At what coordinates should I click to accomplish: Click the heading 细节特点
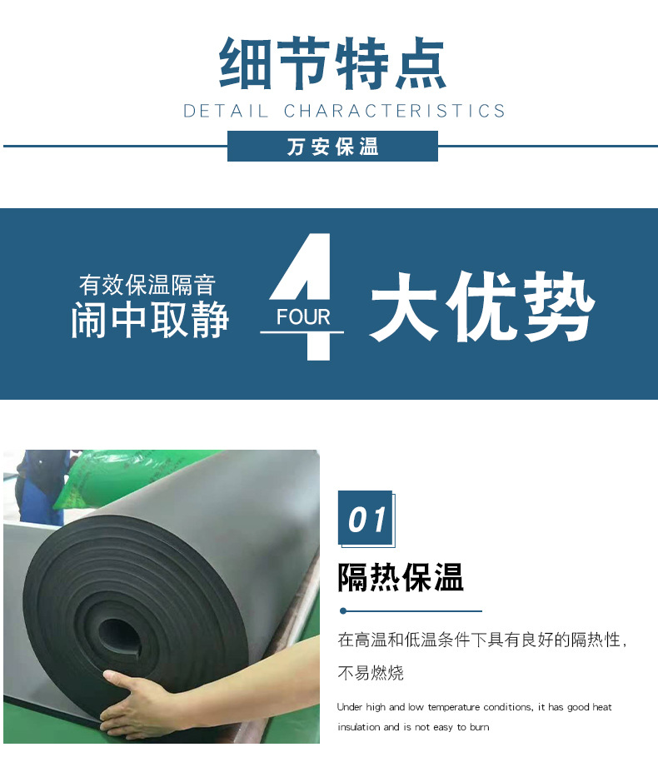point(332,63)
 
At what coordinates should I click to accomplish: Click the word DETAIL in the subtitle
point(226,111)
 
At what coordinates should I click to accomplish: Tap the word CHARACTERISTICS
point(395,111)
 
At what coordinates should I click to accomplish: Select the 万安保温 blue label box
point(332,147)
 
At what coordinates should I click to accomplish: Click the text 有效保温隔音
point(147,285)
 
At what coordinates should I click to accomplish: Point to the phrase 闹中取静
point(150,320)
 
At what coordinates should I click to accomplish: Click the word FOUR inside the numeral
point(303,317)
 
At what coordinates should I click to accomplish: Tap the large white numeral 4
point(302,296)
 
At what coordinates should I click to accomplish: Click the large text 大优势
point(482,307)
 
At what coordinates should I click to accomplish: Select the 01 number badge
point(366,518)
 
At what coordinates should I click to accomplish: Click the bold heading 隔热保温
point(401,577)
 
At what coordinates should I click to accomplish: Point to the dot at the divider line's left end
point(343,611)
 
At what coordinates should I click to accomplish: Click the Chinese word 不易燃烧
point(371,673)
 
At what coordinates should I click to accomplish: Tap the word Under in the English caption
point(350,707)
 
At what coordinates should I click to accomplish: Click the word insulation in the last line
point(359,727)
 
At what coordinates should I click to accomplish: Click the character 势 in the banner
point(558,307)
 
